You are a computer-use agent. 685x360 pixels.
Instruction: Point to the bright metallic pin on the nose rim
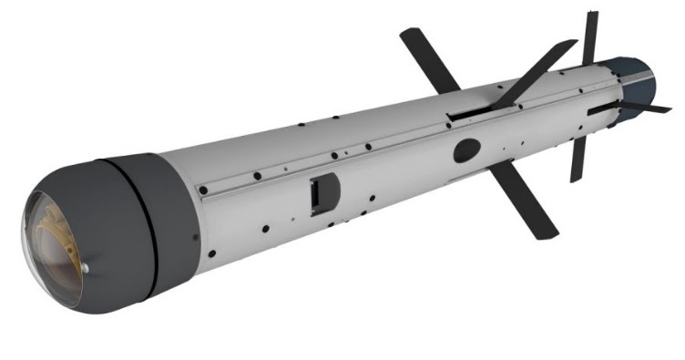pos(84,268)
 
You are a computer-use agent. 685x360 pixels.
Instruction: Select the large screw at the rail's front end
pos(203,190)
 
